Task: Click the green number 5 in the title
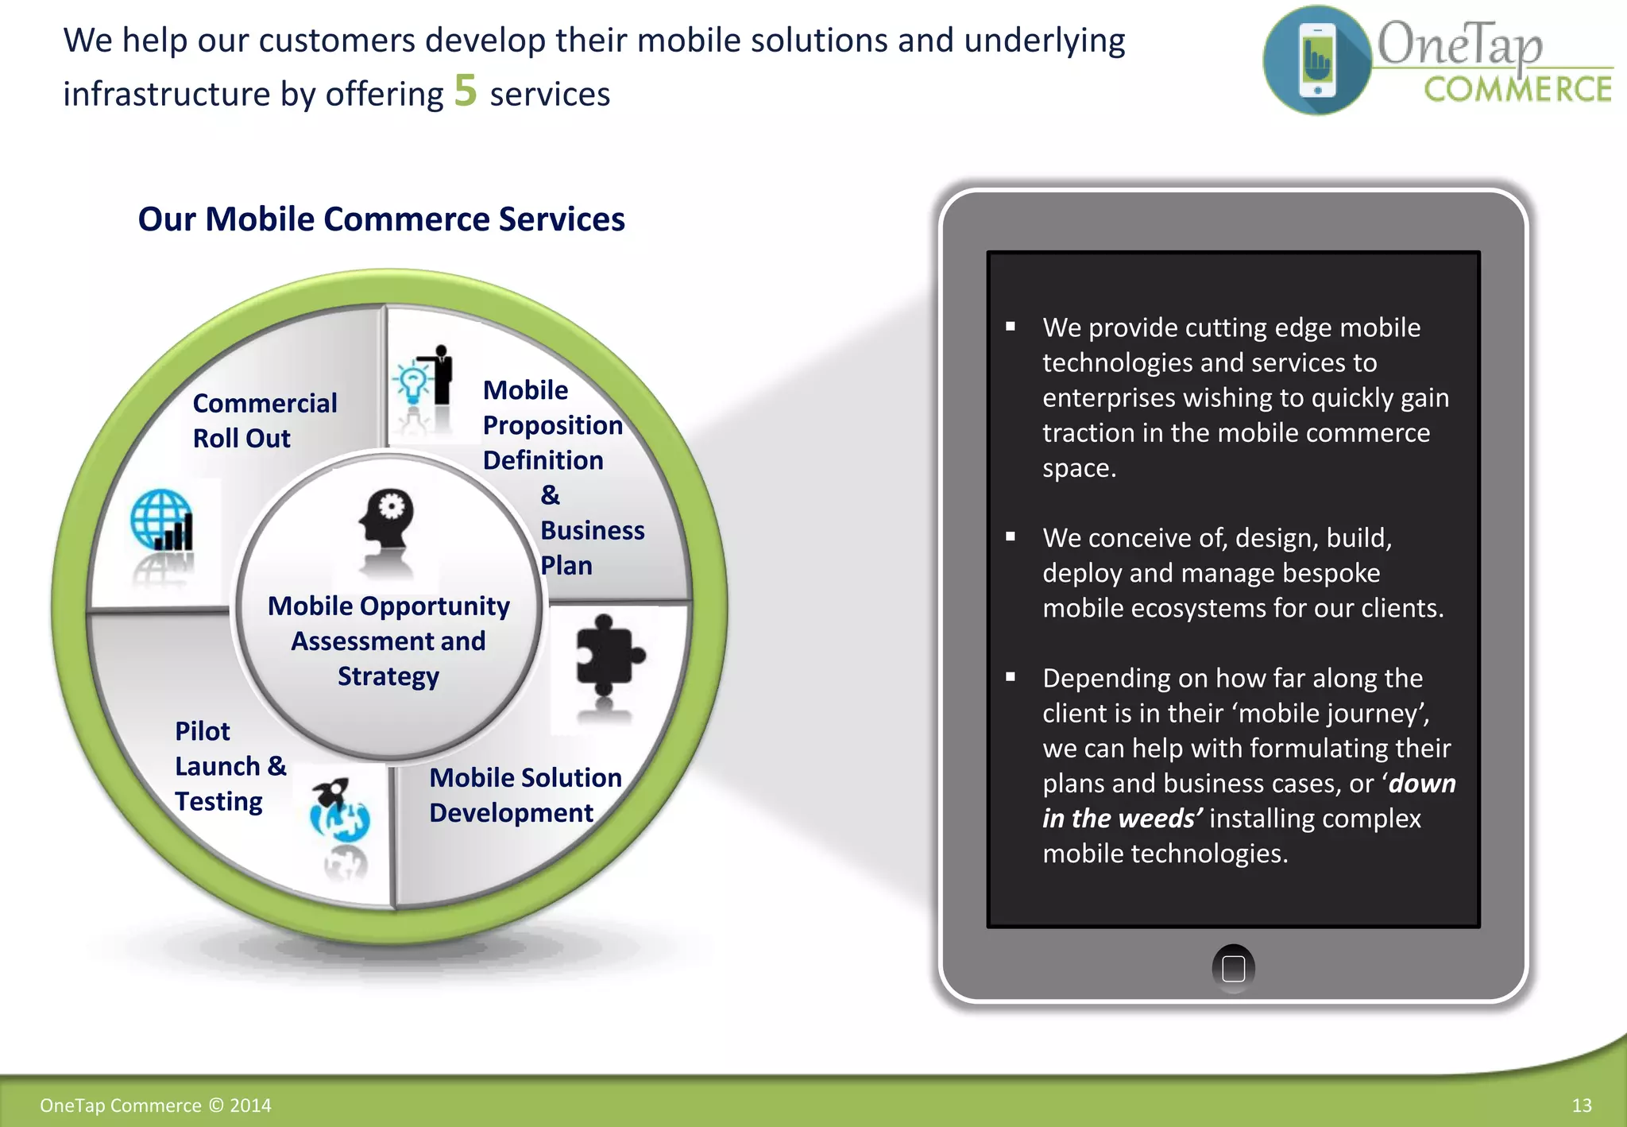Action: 466,91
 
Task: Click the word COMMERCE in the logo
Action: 1517,90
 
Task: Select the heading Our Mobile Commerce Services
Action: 381,219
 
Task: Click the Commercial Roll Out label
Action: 265,420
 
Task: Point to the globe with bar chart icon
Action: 162,520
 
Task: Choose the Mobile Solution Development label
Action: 524,795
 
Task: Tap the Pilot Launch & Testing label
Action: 230,766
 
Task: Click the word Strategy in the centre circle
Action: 388,676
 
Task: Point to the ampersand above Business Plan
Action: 550,495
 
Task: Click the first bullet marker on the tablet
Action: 1011,327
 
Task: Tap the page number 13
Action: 1581,1106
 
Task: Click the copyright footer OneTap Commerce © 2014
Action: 156,1106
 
